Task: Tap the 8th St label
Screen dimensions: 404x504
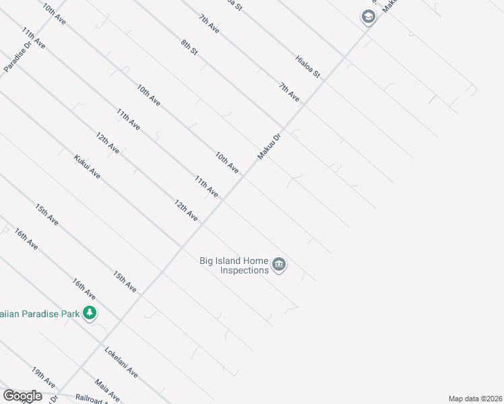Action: coord(189,47)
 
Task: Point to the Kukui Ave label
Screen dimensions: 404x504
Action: coord(88,167)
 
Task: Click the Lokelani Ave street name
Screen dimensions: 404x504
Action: coord(121,362)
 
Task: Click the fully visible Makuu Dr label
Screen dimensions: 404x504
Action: coord(267,146)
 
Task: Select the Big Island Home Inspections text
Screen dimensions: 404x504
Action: coord(234,265)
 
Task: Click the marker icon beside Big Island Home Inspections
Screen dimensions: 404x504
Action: coord(280,265)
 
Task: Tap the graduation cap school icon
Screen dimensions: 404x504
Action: coord(368,17)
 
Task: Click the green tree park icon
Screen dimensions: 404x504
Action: coord(89,312)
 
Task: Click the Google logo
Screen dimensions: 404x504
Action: coord(22,396)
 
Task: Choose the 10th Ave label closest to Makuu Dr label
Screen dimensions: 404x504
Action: coord(227,162)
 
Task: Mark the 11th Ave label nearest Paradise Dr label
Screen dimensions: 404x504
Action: coord(33,39)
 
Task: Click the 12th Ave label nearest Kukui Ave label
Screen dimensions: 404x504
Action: coord(107,143)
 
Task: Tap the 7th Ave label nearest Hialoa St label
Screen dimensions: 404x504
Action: coord(289,91)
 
